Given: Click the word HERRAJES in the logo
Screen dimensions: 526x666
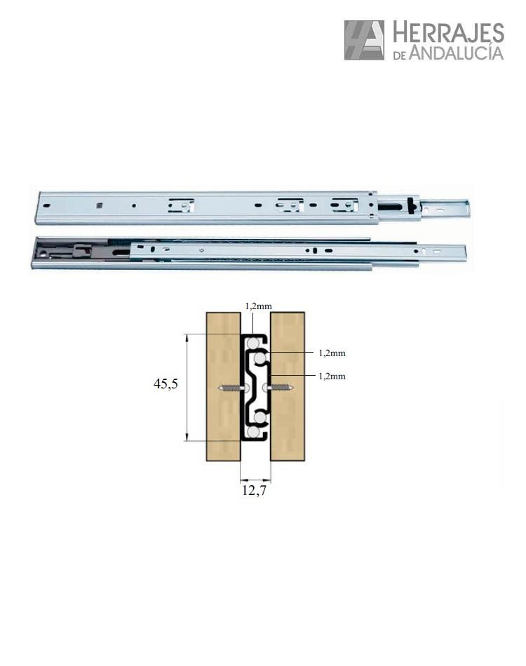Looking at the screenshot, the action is (x=448, y=33).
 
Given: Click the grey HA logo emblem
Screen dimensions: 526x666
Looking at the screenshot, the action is (x=364, y=41).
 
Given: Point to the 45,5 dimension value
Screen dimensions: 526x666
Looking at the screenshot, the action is (x=166, y=384).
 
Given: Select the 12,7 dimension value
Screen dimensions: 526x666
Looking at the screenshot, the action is (x=254, y=490).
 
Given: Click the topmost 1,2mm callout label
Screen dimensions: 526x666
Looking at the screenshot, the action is (x=258, y=306).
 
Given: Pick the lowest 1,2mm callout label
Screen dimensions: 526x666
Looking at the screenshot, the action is (x=332, y=376).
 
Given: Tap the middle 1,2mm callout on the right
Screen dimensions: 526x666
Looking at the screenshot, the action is (x=332, y=353).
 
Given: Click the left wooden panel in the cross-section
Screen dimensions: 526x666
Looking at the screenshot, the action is (x=224, y=386).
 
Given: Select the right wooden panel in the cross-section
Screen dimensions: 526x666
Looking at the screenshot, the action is (x=288, y=386).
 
